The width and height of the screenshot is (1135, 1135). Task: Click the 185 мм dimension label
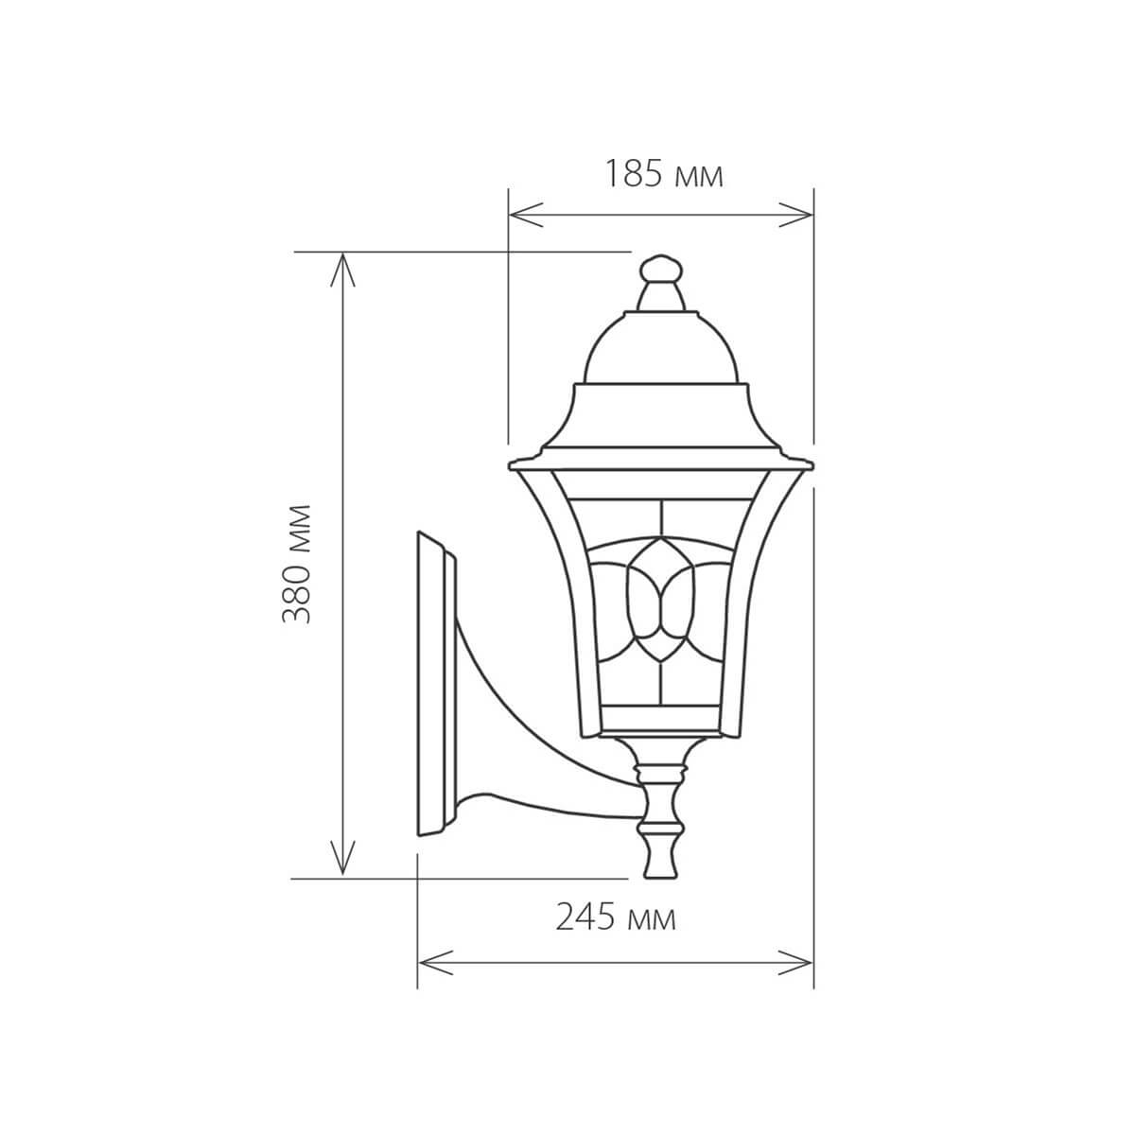click(x=664, y=174)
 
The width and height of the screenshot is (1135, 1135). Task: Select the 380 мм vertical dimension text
click(x=299, y=563)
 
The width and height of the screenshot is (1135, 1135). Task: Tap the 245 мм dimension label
click(x=616, y=917)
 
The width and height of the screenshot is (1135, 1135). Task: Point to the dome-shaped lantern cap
click(x=661, y=350)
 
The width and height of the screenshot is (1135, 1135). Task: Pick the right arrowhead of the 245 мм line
click(x=804, y=963)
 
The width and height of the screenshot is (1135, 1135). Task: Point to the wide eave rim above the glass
click(x=661, y=463)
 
